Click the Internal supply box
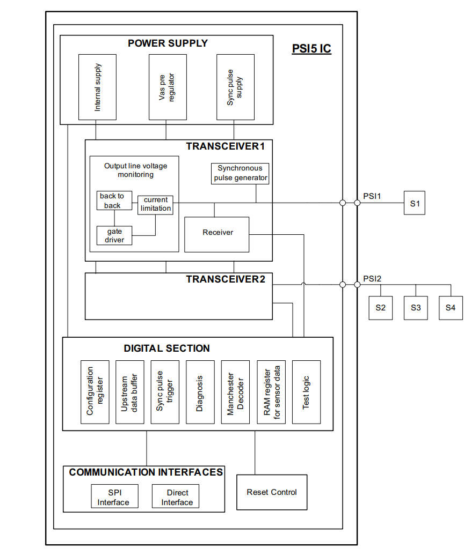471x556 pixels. coord(97,87)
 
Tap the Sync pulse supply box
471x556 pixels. coord(235,87)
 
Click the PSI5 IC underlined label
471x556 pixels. coord(311,49)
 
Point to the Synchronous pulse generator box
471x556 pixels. coord(240,174)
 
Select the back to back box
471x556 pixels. coord(113,201)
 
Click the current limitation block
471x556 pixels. coord(156,204)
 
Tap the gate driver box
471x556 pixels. coord(114,235)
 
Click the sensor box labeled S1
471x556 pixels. coord(414,204)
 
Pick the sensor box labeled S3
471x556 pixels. coord(416,308)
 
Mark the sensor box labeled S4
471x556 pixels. coord(450,308)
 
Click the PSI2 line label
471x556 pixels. coord(372,279)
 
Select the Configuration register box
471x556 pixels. coord(95,392)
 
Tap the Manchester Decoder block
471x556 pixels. coord(235,392)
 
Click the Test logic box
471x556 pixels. coord(306,392)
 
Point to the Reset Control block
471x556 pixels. coord(272,492)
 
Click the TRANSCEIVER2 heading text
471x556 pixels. coord(226,279)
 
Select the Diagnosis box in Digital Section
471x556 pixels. coord(200,392)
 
